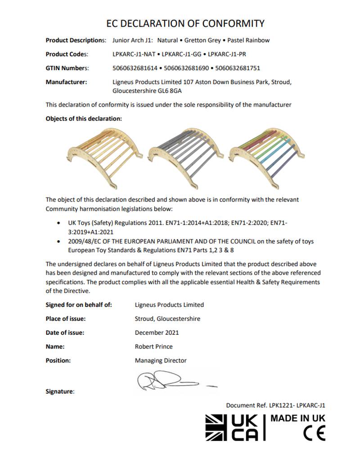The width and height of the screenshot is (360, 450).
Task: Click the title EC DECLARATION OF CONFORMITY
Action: click(185, 23)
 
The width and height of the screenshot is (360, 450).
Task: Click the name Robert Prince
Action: click(153, 346)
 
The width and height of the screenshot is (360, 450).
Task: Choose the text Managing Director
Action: click(161, 360)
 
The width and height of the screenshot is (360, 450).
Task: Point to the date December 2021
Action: click(157, 333)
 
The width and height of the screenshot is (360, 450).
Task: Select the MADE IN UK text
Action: click(297, 418)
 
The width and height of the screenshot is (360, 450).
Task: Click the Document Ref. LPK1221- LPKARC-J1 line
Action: click(275, 405)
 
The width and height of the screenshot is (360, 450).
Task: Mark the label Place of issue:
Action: click(66, 319)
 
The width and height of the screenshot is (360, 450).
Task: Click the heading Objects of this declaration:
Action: click(84, 119)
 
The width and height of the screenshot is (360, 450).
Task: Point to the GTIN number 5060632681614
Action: click(135, 68)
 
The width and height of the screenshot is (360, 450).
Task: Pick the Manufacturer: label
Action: click(66, 82)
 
